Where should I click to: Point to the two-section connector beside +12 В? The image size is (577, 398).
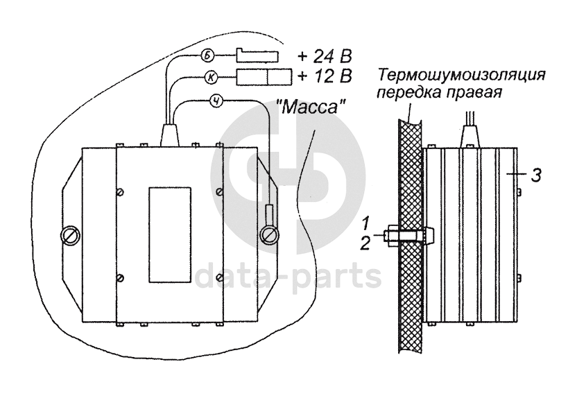pos(264,76)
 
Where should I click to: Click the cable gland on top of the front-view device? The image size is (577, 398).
pos(170,135)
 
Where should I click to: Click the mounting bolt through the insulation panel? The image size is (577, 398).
pos(408,236)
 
